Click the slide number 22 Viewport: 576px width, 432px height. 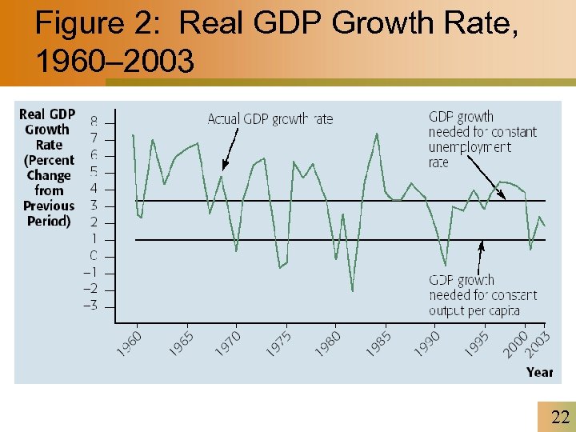559,416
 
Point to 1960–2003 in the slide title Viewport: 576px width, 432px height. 114,62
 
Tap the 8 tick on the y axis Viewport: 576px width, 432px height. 94,122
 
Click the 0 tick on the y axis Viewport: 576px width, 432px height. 94,256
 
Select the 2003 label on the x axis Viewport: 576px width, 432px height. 541,342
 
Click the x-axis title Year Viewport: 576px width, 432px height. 539,372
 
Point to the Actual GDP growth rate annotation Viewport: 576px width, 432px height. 270,119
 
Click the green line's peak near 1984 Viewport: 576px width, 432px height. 377,134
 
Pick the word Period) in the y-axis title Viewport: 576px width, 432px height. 49,221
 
